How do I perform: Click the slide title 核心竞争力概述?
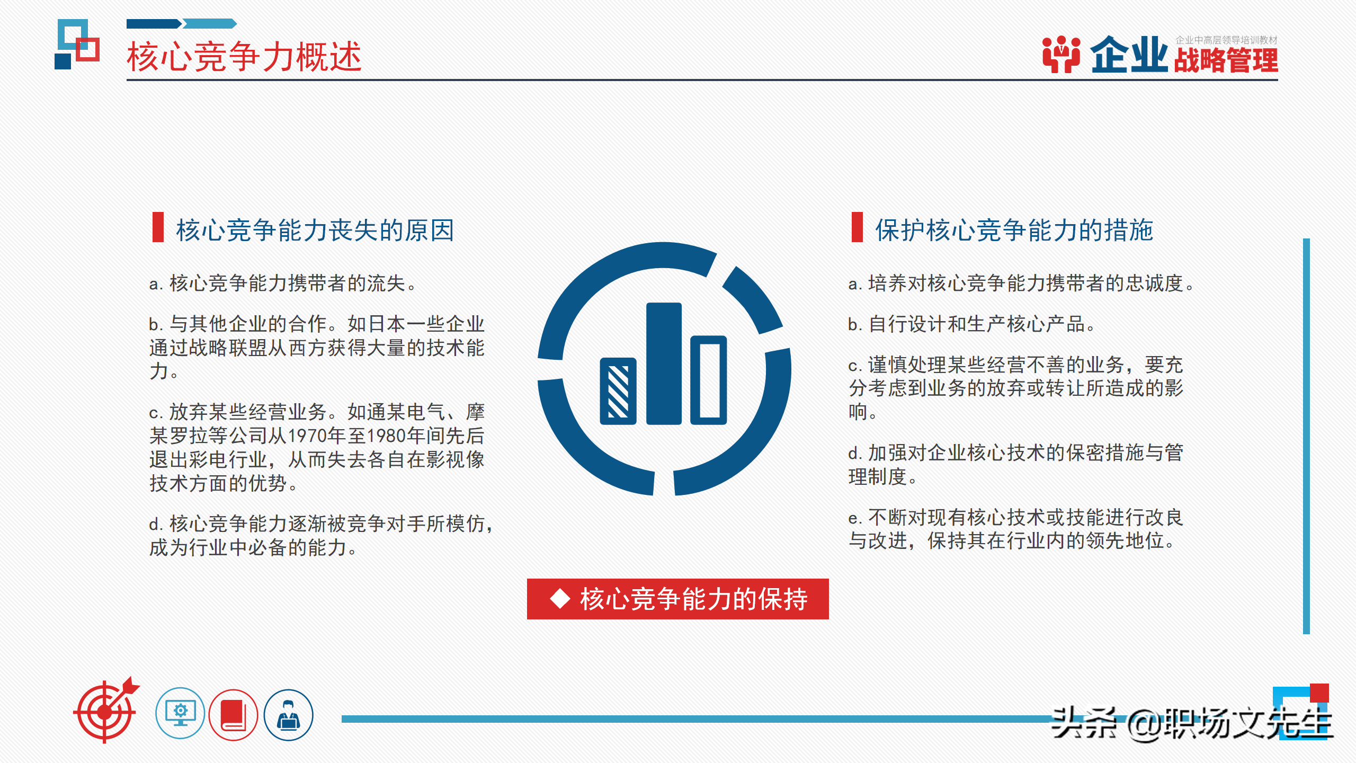tap(244, 56)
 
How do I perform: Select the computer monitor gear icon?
tap(180, 714)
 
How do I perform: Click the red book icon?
tap(233, 715)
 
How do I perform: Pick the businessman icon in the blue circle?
tap(289, 715)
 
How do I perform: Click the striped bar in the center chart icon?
tap(618, 391)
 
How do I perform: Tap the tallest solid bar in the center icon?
tap(664, 363)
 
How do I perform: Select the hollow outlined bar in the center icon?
tap(709, 380)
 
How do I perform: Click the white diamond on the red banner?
tap(560, 599)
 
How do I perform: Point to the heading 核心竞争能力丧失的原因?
tap(315, 230)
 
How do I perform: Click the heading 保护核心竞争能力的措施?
tap(1014, 230)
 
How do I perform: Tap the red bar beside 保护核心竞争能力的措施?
tap(857, 227)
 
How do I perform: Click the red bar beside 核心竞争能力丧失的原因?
tap(158, 227)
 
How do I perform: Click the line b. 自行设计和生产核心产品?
tap(971, 324)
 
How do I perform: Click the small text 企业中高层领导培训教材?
tap(1226, 40)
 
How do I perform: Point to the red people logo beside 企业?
tap(1061, 54)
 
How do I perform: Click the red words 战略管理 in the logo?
tap(1226, 60)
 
